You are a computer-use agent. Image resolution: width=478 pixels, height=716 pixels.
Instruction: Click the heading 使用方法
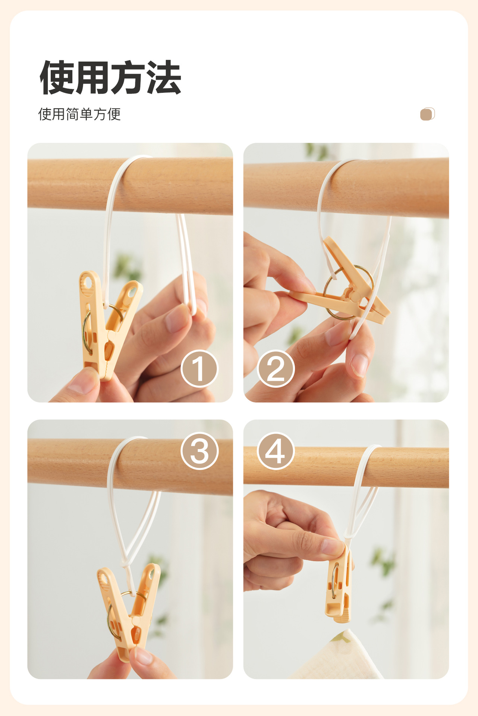pos(110,77)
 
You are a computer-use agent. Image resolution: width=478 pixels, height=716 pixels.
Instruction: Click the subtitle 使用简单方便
pos(79,114)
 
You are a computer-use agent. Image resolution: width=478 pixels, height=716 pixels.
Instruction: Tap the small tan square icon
pos(427,114)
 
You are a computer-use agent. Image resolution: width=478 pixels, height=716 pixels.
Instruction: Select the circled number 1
pos(199,368)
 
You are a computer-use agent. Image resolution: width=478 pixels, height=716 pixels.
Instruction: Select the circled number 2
pos(276,368)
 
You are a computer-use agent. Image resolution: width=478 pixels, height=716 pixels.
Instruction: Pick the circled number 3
pos(199,451)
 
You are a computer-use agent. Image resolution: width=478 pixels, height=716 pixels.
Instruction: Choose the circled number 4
pos(276,451)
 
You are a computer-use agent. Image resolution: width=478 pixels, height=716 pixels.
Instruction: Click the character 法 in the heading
pos(164,77)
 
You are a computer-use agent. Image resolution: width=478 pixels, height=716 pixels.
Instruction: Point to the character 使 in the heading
pos(57,77)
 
